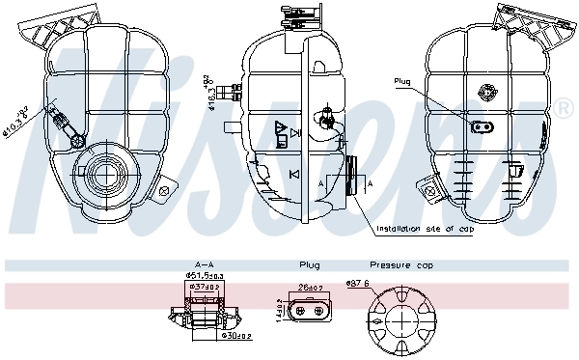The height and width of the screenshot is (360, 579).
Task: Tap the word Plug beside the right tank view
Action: coord(402,81)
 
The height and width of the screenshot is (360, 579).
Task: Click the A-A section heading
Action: coord(204,264)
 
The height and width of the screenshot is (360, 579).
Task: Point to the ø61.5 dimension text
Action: coord(204,276)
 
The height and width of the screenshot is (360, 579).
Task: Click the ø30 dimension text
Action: coord(236,336)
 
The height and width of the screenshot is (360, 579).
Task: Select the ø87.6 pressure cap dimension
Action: coord(358,283)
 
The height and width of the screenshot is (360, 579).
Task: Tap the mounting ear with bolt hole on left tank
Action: coord(165,191)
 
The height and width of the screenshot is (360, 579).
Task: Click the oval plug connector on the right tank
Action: coord(480,126)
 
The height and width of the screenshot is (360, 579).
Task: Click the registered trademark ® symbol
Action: coord(563,109)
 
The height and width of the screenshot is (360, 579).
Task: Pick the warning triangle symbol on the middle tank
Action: coord(280,127)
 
